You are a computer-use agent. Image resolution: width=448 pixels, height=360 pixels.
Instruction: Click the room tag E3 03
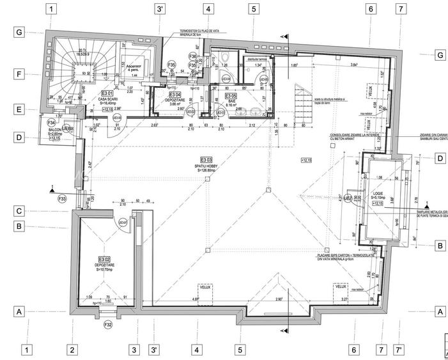[206, 159]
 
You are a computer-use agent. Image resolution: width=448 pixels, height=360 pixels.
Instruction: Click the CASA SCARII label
[106, 100]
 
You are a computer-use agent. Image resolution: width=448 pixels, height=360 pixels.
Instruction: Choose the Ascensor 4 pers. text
[133, 68]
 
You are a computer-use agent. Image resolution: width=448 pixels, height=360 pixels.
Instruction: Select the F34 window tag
[52, 121]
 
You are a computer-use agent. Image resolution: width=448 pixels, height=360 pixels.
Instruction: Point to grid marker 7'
[399, 350]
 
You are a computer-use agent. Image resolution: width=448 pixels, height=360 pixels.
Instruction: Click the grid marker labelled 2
[72, 350]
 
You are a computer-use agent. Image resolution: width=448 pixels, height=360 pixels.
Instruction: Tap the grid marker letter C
[20, 211]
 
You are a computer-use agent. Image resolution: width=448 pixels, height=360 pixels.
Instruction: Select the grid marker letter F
[20, 75]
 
